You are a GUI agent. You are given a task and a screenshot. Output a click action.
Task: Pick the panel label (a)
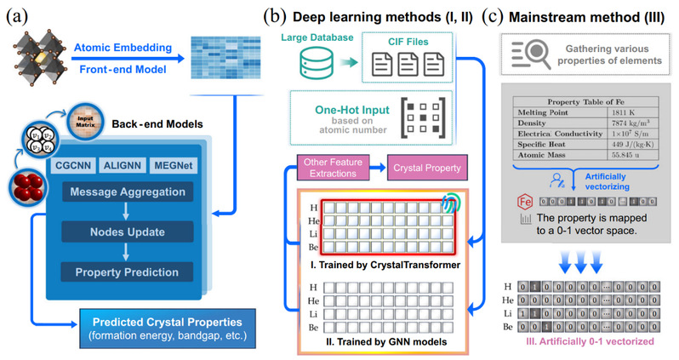click(18, 14)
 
